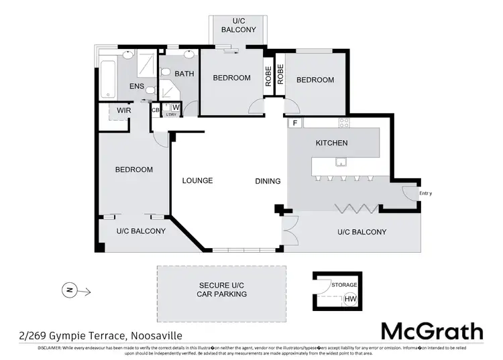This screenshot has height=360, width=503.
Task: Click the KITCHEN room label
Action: (331, 143)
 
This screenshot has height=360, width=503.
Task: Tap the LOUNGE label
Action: (197, 181)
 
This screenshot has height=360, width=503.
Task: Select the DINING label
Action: (268, 181)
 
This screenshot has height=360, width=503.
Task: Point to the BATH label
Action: (184, 74)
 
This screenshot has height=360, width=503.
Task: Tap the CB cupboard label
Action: (156, 109)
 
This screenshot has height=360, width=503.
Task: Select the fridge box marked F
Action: (294, 123)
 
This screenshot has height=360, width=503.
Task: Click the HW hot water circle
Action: (350, 299)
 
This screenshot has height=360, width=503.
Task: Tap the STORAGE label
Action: (344, 285)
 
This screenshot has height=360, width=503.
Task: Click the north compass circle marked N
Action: (69, 290)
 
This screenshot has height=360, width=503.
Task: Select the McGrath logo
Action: (431, 331)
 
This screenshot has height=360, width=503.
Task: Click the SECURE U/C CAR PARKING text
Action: (221, 289)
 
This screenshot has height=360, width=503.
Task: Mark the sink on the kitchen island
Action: (341, 162)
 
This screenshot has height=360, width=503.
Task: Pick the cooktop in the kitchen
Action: (344, 123)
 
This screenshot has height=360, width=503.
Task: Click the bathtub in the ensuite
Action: (107, 79)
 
